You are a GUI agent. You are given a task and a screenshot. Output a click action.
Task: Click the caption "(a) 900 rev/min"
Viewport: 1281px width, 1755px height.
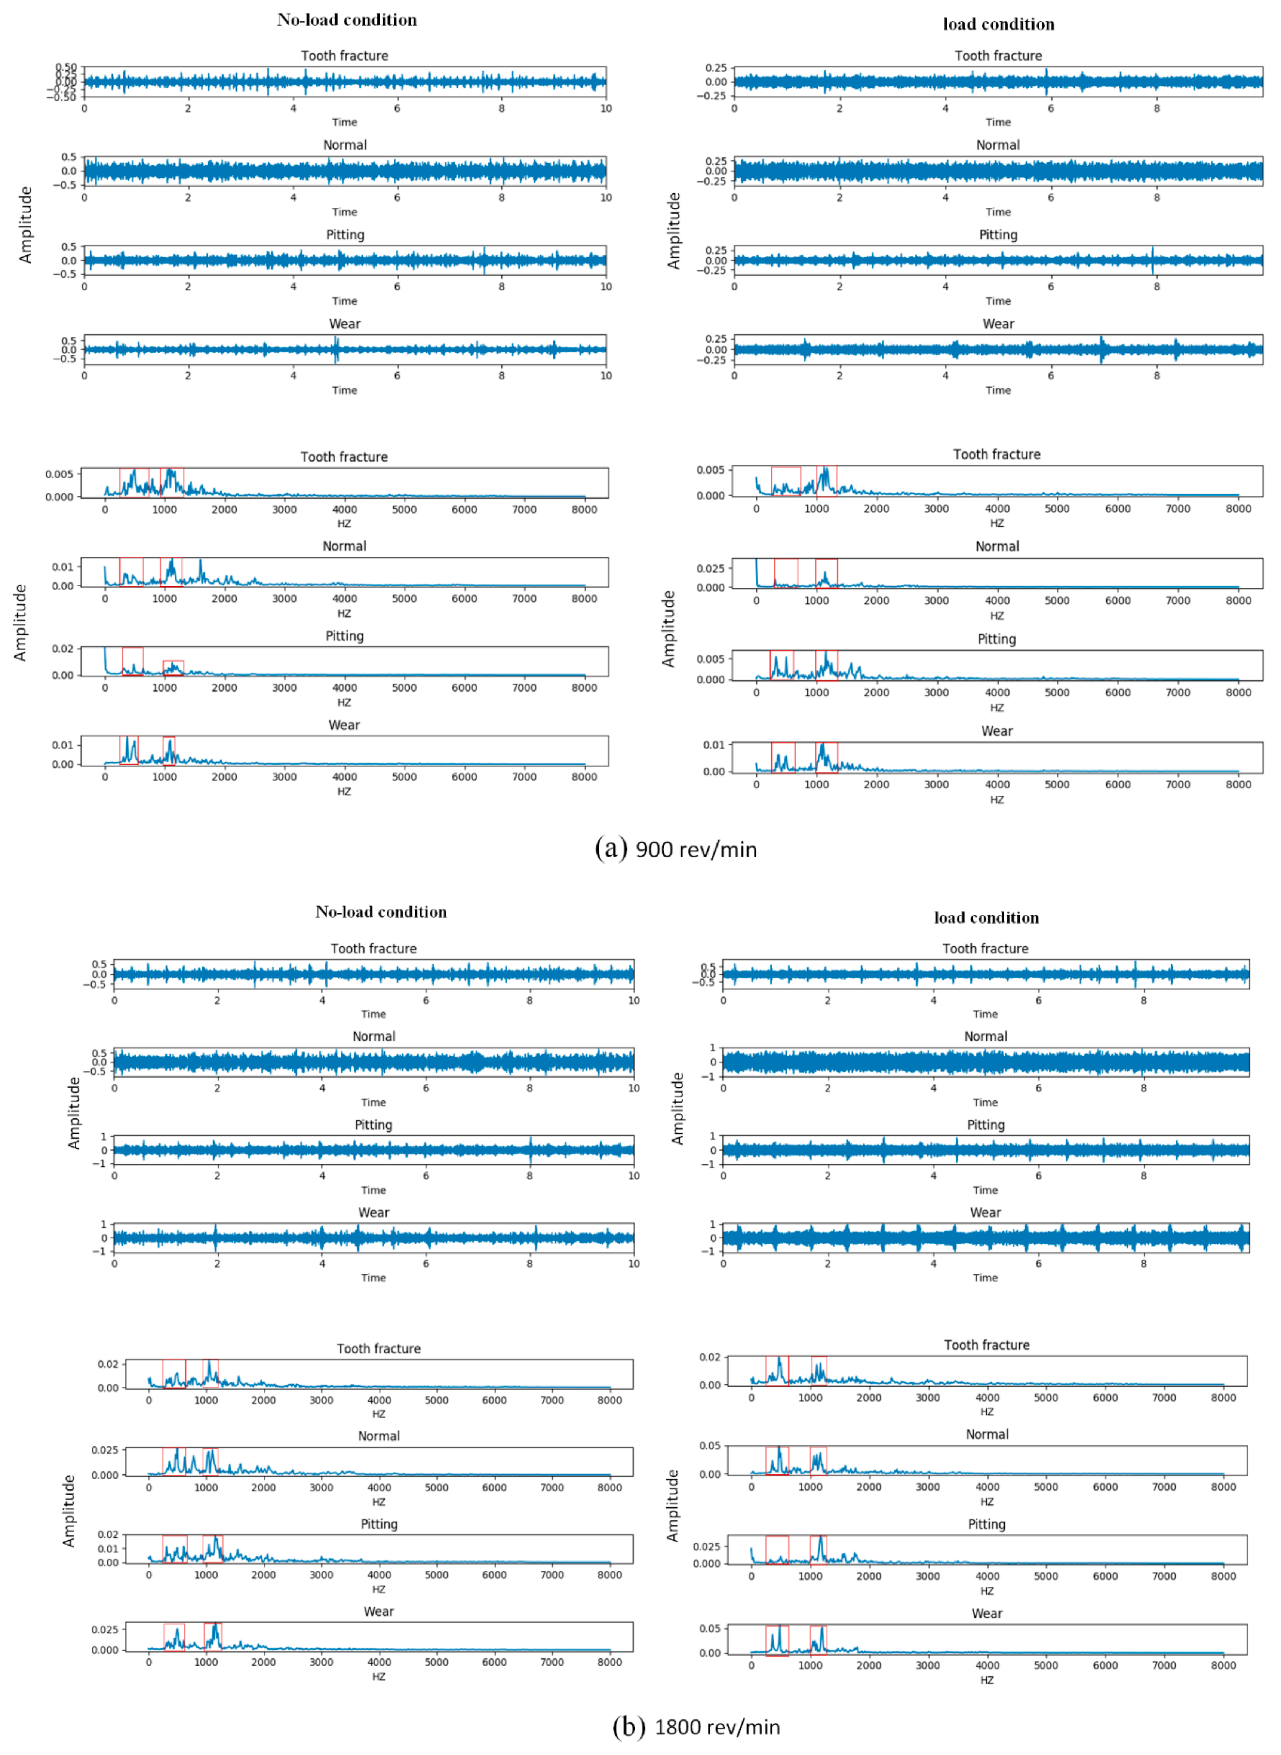coord(675,849)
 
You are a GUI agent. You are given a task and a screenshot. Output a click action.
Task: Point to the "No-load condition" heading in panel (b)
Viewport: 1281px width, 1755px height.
coord(381,912)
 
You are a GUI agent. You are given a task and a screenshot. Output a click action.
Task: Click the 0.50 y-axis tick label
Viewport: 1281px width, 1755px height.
coord(66,67)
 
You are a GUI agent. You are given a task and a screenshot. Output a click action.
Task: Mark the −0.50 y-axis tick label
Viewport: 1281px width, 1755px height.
coord(62,97)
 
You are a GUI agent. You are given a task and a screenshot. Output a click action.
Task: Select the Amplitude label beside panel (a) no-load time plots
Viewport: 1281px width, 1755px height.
coord(25,225)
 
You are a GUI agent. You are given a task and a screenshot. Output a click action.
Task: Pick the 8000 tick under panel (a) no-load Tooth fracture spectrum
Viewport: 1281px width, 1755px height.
coord(584,509)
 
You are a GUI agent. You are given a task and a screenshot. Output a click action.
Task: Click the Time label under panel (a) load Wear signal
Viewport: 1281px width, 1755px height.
coord(998,390)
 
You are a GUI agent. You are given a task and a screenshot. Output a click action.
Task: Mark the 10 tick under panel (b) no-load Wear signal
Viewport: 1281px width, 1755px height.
coord(633,1263)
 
